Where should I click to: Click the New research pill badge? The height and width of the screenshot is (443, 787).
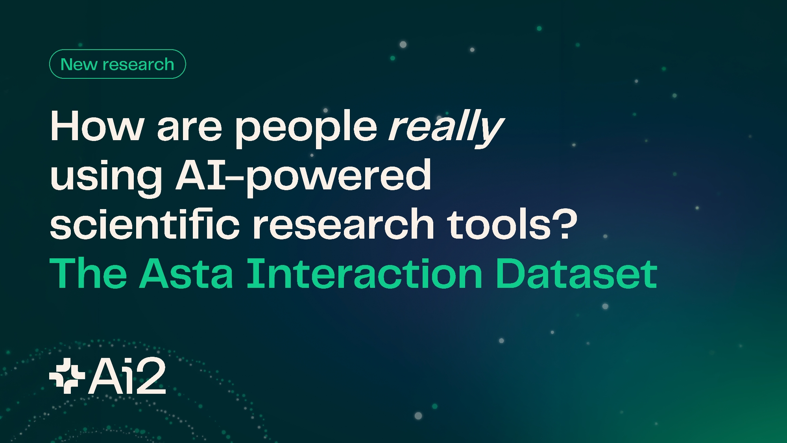coord(117,64)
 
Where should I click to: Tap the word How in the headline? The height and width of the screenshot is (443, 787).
coord(97,126)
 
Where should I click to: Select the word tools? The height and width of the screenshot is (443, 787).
coord(499,224)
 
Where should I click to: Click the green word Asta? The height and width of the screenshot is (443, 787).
coord(187,274)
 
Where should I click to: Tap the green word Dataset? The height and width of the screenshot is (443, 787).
coord(576,274)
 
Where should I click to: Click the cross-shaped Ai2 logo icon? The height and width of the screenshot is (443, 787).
coord(67,376)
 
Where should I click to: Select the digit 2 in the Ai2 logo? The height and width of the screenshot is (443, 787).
coord(150,376)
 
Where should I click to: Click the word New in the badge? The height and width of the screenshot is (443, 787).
coord(79,64)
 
